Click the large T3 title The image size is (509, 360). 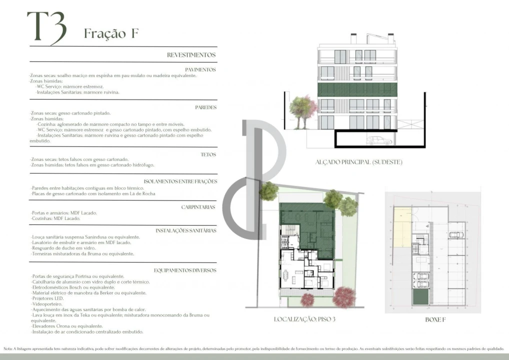click(46, 27)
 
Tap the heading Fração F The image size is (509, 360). click(111, 33)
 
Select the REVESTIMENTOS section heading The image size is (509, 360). click(191, 55)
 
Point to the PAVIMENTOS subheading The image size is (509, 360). click(200, 70)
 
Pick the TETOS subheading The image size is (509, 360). click(208, 154)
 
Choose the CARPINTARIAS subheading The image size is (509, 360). click(198, 206)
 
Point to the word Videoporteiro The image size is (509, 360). click(46, 304)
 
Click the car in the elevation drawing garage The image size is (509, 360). click(378, 141)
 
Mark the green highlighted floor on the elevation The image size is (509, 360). click(357, 90)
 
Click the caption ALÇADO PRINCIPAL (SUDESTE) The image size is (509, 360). click(358, 162)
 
